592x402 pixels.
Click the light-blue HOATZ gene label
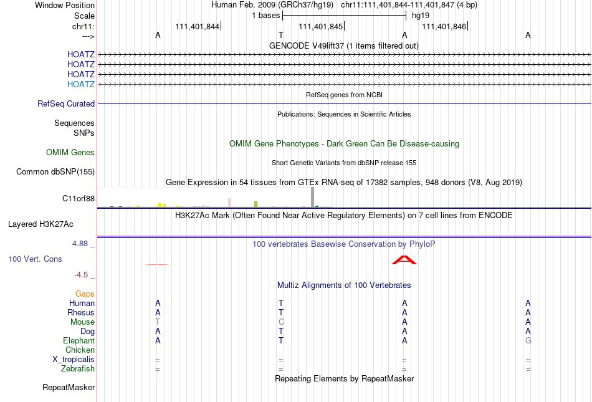coord(81,84)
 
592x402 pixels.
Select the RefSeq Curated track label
coord(66,104)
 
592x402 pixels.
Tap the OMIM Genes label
coord(70,152)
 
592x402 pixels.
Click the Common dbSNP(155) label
coord(55,172)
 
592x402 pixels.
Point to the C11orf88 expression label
coord(79,199)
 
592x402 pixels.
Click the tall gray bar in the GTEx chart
coord(313,197)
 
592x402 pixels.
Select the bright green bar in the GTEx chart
coord(256,204)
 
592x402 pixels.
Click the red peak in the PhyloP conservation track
coord(404,260)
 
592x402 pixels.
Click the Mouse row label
coord(82,322)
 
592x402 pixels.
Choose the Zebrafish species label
coord(78,369)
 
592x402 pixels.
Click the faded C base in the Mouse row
coord(281,322)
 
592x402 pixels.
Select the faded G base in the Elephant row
coord(528,340)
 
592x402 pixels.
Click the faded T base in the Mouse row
coord(158,322)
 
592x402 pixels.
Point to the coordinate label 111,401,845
coord(320,26)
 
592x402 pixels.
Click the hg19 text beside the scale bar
coord(421,16)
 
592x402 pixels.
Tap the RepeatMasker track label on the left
coord(69,387)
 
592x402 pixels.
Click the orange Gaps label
coord(85,294)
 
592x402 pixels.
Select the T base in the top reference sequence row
coord(281,35)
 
